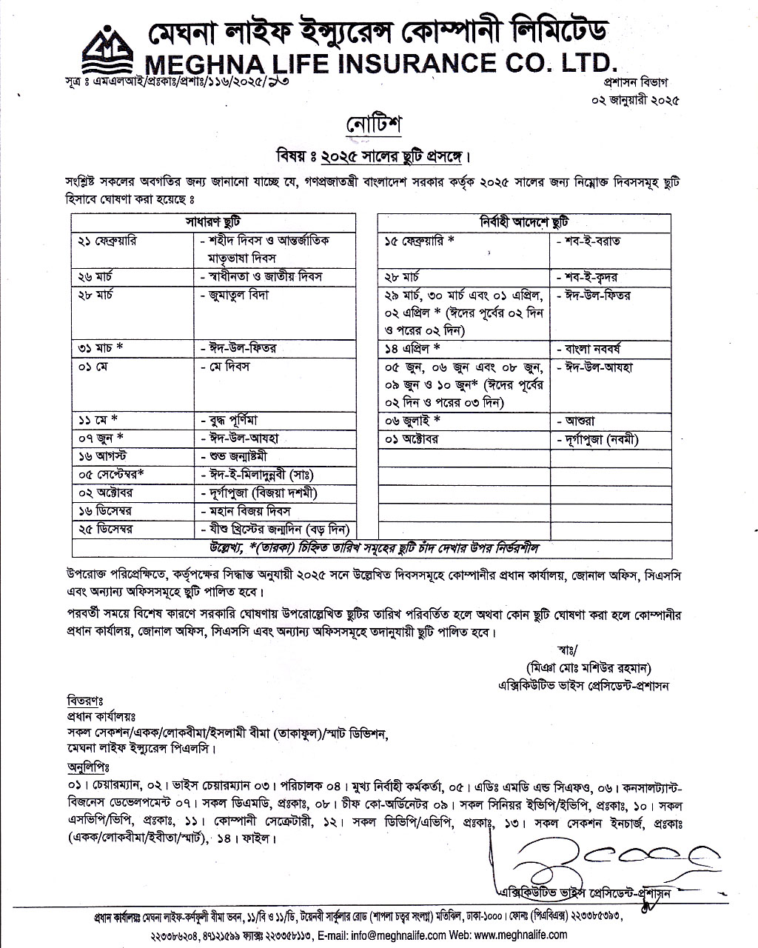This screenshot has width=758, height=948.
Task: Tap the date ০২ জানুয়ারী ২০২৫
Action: pyautogui.click(x=634, y=98)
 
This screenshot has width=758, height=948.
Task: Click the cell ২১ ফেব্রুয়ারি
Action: pyautogui.click(x=107, y=241)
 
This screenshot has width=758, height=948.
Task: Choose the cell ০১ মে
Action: pyautogui.click(x=93, y=367)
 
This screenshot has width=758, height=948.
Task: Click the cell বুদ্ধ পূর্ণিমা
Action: pyautogui.click(x=236, y=420)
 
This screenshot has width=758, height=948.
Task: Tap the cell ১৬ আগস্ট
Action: pyautogui.click(x=101, y=455)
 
